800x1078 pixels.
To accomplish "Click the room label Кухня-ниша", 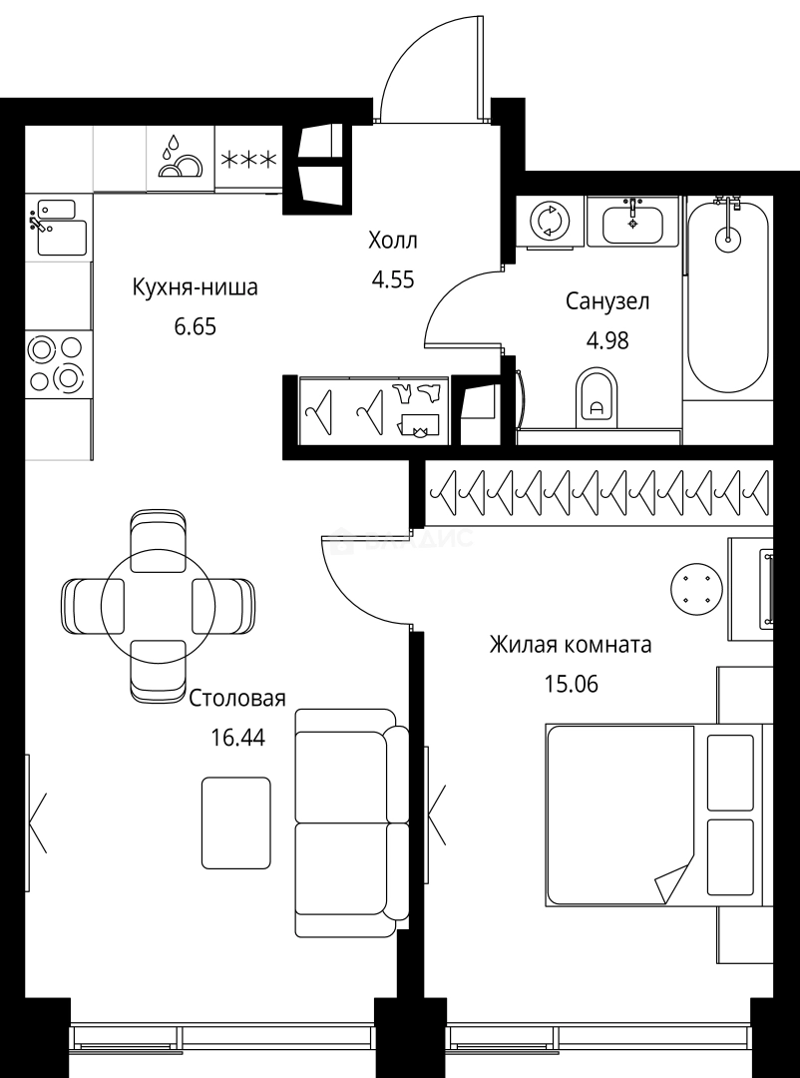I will pyautogui.click(x=195, y=288).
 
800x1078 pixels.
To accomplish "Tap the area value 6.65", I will pyautogui.click(x=195, y=326).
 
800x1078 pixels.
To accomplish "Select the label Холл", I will pyautogui.click(x=392, y=241).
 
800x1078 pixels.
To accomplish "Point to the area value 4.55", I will pyautogui.click(x=392, y=278).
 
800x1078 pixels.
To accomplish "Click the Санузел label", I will pyautogui.click(x=607, y=300).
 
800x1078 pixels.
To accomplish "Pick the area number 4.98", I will pyautogui.click(x=607, y=339).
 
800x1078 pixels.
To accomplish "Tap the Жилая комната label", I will pyautogui.click(x=570, y=645).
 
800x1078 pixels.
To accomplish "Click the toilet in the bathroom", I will pyautogui.click(x=598, y=397).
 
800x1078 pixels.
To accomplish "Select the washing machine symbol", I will pyautogui.click(x=547, y=220).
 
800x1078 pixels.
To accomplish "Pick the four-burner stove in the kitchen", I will pyautogui.click(x=56, y=364).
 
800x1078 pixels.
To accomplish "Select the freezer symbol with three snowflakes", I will pyautogui.click(x=248, y=159).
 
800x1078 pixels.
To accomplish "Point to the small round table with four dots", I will pyautogui.click(x=695, y=588).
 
